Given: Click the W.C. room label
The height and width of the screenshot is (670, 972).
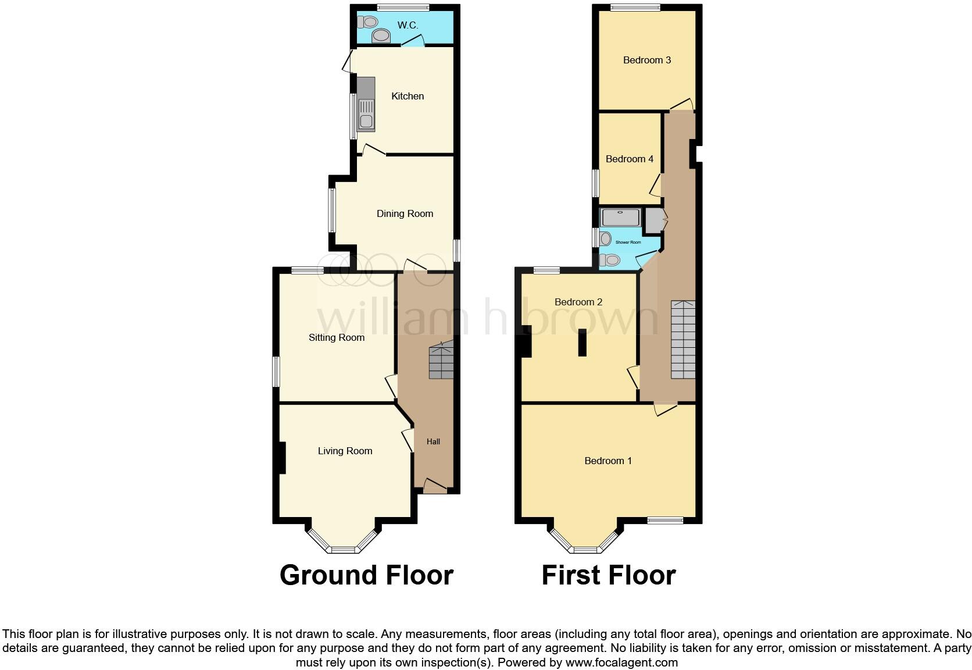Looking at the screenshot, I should point(408,25).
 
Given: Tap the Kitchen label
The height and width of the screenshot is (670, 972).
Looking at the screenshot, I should point(408,96).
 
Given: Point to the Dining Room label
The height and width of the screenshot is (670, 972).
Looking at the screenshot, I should point(405,213).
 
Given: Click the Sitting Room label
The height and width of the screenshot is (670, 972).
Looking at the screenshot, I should point(337,337).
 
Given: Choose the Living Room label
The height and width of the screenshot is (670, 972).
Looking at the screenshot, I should point(345,451).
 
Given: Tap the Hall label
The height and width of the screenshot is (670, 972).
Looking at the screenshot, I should point(433,441).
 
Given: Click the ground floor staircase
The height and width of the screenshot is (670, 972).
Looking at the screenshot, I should point(442,361).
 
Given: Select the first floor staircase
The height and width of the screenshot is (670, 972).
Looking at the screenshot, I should point(683,340).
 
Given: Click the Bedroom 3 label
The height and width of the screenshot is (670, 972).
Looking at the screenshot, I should point(647,60).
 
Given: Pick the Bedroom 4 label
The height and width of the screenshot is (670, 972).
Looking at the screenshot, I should point(630,159).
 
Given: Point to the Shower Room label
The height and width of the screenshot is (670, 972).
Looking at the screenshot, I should point(628,242).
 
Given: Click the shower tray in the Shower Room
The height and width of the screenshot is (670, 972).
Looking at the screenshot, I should point(620,218).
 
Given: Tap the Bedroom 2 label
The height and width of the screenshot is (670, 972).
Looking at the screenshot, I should point(578,302).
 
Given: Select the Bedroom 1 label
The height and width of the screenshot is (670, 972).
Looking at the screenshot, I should point(608,461).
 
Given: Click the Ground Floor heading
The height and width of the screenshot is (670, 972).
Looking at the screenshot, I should point(366,575).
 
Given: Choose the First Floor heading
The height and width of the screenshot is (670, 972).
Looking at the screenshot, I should point(609,575).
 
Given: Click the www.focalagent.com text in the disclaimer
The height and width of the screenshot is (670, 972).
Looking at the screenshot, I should point(621,662).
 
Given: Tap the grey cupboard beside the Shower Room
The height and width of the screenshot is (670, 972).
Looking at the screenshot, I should point(655,220).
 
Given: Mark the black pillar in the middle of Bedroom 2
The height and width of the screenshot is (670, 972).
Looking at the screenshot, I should point(582,343).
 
